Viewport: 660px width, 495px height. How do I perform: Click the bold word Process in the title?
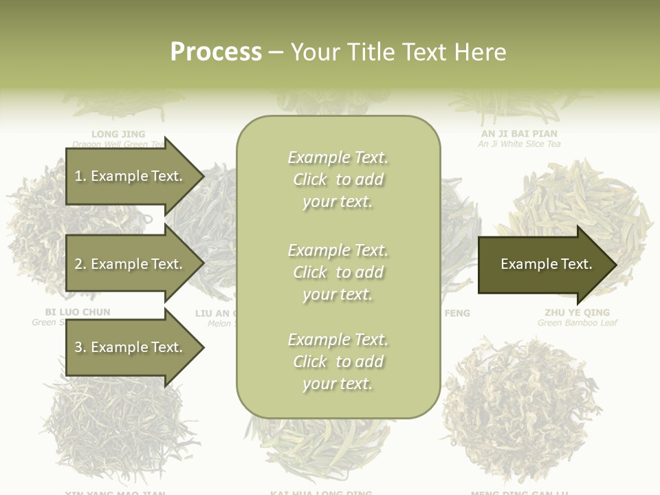(216, 52)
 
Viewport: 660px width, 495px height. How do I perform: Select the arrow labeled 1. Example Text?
(131, 176)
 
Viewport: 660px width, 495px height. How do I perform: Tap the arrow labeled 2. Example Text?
(131, 264)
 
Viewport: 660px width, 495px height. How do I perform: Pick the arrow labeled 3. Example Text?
(131, 347)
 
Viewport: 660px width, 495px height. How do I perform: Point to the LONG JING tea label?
(118, 133)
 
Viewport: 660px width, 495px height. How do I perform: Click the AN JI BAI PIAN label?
(519, 133)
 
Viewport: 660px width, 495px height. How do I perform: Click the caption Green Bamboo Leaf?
(577, 323)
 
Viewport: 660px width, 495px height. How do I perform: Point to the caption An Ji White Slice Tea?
(519, 144)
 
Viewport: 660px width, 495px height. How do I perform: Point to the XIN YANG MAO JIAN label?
(115, 492)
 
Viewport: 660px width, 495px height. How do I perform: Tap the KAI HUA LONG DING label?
(321, 492)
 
